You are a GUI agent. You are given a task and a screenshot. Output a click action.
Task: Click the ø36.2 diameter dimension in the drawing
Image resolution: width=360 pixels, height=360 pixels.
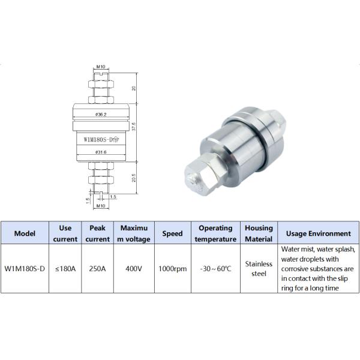(x=100, y=114)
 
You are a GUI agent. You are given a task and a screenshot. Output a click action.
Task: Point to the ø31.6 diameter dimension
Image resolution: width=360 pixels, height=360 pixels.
(x=100, y=152)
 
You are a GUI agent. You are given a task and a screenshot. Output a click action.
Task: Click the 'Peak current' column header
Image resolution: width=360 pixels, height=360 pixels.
(x=98, y=233)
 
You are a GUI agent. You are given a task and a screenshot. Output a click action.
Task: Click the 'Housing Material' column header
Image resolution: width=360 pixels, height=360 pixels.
(x=259, y=233)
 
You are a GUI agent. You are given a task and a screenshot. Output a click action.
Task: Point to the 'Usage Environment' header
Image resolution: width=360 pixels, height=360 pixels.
(x=318, y=233)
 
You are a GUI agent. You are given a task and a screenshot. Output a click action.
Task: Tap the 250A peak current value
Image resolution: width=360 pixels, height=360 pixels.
(x=98, y=269)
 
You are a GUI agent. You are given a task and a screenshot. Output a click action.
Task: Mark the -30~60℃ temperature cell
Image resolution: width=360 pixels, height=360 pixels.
(x=215, y=269)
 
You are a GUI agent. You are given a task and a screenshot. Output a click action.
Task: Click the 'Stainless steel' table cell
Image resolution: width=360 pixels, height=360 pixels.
(x=259, y=269)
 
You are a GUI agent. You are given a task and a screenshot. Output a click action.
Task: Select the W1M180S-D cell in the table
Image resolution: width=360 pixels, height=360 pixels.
(x=25, y=269)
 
